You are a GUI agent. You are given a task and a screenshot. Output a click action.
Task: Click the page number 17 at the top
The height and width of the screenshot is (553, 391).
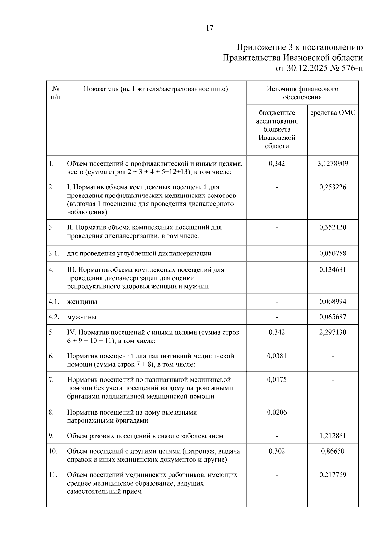coord(210,28)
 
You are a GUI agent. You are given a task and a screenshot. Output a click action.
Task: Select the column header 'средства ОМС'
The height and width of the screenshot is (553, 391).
coord(333,113)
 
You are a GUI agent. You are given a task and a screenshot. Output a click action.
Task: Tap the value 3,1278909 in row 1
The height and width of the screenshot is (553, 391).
coord(333,163)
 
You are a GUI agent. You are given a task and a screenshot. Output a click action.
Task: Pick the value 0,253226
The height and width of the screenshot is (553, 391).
coord(333,187)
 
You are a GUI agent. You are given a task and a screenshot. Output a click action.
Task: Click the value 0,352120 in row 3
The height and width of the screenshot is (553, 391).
coord(333,227)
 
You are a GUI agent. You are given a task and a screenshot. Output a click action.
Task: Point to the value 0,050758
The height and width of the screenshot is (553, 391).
coord(333,253)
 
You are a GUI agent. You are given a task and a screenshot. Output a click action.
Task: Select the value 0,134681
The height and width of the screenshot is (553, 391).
coord(333,269)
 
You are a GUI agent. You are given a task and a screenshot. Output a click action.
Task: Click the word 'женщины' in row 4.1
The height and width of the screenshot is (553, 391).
coord(82,302)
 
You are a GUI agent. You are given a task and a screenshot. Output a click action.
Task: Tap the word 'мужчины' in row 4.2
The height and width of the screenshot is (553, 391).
coord(82,317)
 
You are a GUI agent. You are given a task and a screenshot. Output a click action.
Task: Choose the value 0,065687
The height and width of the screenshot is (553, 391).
coord(333,317)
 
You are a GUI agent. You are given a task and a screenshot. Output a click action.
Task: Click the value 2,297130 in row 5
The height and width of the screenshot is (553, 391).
coord(333,332)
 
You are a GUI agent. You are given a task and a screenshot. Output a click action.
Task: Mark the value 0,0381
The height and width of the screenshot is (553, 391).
coord(277,356)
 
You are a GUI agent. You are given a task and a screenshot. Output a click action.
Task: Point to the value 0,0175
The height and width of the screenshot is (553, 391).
coord(277,379)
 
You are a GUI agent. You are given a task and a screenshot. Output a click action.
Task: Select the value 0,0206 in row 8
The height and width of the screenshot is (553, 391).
coord(277,412)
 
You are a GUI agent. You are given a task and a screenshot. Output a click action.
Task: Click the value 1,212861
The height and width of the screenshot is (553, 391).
coord(333,436)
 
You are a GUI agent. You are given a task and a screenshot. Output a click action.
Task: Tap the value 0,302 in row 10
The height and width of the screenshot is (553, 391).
coord(277,451)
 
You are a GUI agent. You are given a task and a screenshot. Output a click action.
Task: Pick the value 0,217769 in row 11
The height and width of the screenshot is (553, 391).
coord(333,475)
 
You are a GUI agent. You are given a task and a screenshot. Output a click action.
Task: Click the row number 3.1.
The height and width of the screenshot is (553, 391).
coord(54,253)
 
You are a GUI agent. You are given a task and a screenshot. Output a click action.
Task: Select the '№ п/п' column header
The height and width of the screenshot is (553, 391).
coord(56,93)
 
